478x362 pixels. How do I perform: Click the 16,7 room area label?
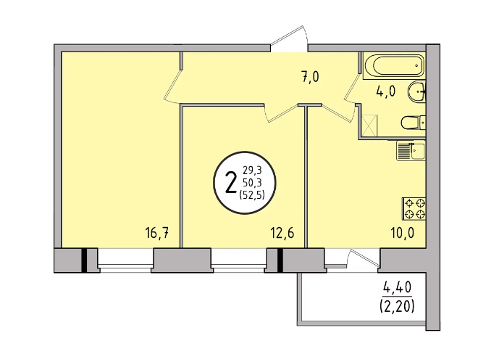(x=157, y=234)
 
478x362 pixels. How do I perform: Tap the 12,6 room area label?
(x=282, y=234)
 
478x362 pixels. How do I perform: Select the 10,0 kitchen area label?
(x=403, y=234)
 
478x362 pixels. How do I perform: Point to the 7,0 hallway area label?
(x=311, y=77)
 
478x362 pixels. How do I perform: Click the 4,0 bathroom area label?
(x=386, y=91)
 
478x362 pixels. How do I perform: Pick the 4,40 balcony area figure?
(x=397, y=287)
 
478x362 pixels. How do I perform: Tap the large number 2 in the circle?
(x=231, y=183)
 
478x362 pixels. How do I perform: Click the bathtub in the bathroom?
(x=395, y=65)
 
